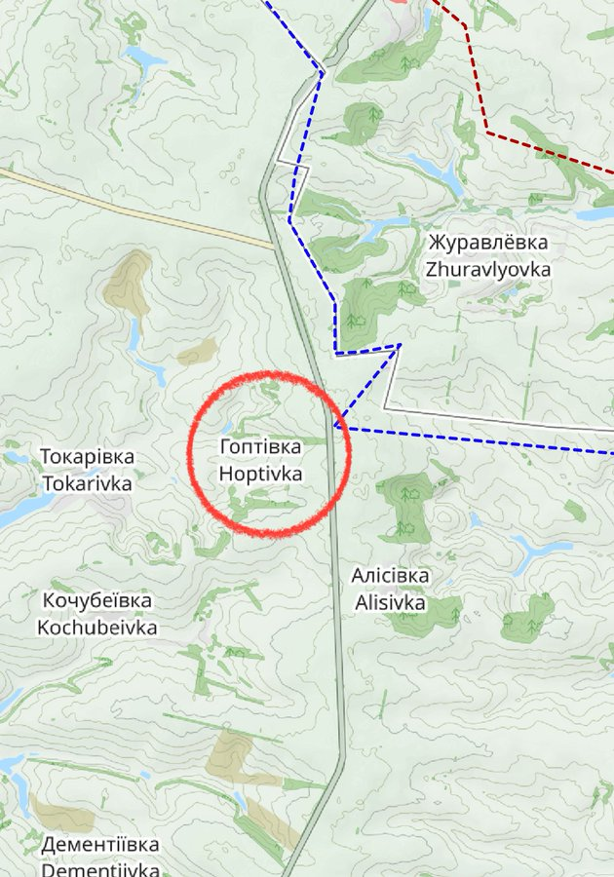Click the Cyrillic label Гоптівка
[x=260, y=447]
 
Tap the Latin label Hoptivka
[x=260, y=474]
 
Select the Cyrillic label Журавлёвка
[x=487, y=242]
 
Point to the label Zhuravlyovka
[x=487, y=269]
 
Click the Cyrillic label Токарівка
[x=87, y=456]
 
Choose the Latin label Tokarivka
[x=87, y=482]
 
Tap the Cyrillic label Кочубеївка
[x=97, y=600]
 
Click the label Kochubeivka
[x=97, y=628]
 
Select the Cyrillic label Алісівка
[x=390, y=576]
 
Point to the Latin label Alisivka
[x=390, y=603]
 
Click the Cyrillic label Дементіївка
[x=100, y=843]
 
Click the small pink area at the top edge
[x=398, y=3]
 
